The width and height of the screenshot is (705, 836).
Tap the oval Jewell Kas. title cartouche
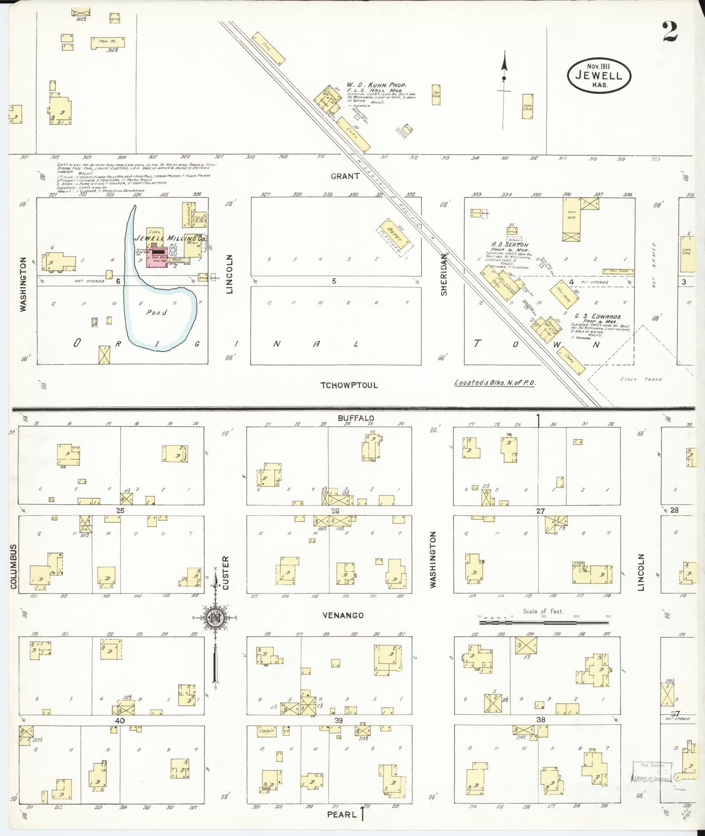click(599, 75)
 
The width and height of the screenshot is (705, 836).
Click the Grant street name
click(345, 176)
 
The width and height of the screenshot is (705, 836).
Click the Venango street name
click(343, 615)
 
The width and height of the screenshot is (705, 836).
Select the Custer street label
click(226, 572)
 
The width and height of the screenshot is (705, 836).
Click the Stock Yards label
click(641, 379)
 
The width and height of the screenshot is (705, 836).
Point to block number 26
click(335, 510)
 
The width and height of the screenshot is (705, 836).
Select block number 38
click(541, 720)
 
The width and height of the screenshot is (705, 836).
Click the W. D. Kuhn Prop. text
click(377, 84)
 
